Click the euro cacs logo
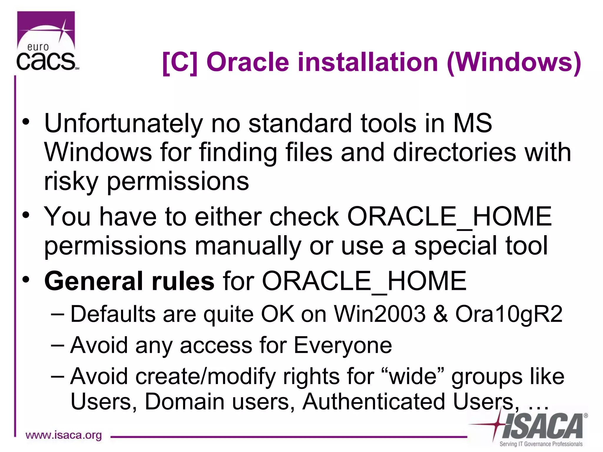[x=47, y=41]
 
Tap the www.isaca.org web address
[x=64, y=435]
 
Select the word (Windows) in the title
[x=514, y=62]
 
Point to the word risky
[x=71, y=182]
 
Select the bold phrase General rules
[x=129, y=281]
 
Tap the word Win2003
[x=380, y=314]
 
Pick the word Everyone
[x=343, y=345]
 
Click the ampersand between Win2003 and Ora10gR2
[x=440, y=314]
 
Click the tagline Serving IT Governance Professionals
[x=541, y=444]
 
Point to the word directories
[x=455, y=152]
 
